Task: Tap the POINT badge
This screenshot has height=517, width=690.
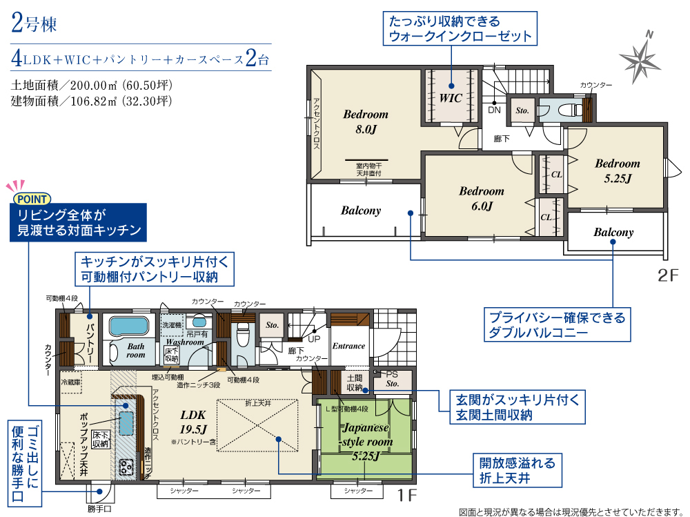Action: [32, 199]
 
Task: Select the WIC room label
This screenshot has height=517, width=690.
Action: [451, 98]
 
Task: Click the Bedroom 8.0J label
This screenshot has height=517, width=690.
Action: [366, 121]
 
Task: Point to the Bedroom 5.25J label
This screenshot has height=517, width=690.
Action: [618, 171]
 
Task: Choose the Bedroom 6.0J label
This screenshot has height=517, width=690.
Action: [482, 198]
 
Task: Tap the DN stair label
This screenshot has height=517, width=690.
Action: [494, 110]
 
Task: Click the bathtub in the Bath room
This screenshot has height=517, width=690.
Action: [128, 326]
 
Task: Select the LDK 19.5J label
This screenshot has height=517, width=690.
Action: [193, 422]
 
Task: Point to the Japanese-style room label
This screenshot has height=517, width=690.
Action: [365, 441]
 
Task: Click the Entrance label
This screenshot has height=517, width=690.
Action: [348, 346]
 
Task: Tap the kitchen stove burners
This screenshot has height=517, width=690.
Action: [126, 467]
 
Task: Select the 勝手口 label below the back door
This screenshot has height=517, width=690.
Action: [99, 509]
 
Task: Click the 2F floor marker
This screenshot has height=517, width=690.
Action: [668, 275]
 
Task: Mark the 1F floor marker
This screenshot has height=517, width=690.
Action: [407, 496]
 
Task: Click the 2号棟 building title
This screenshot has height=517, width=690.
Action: [34, 23]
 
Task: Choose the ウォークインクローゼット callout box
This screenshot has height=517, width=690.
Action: [460, 28]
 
